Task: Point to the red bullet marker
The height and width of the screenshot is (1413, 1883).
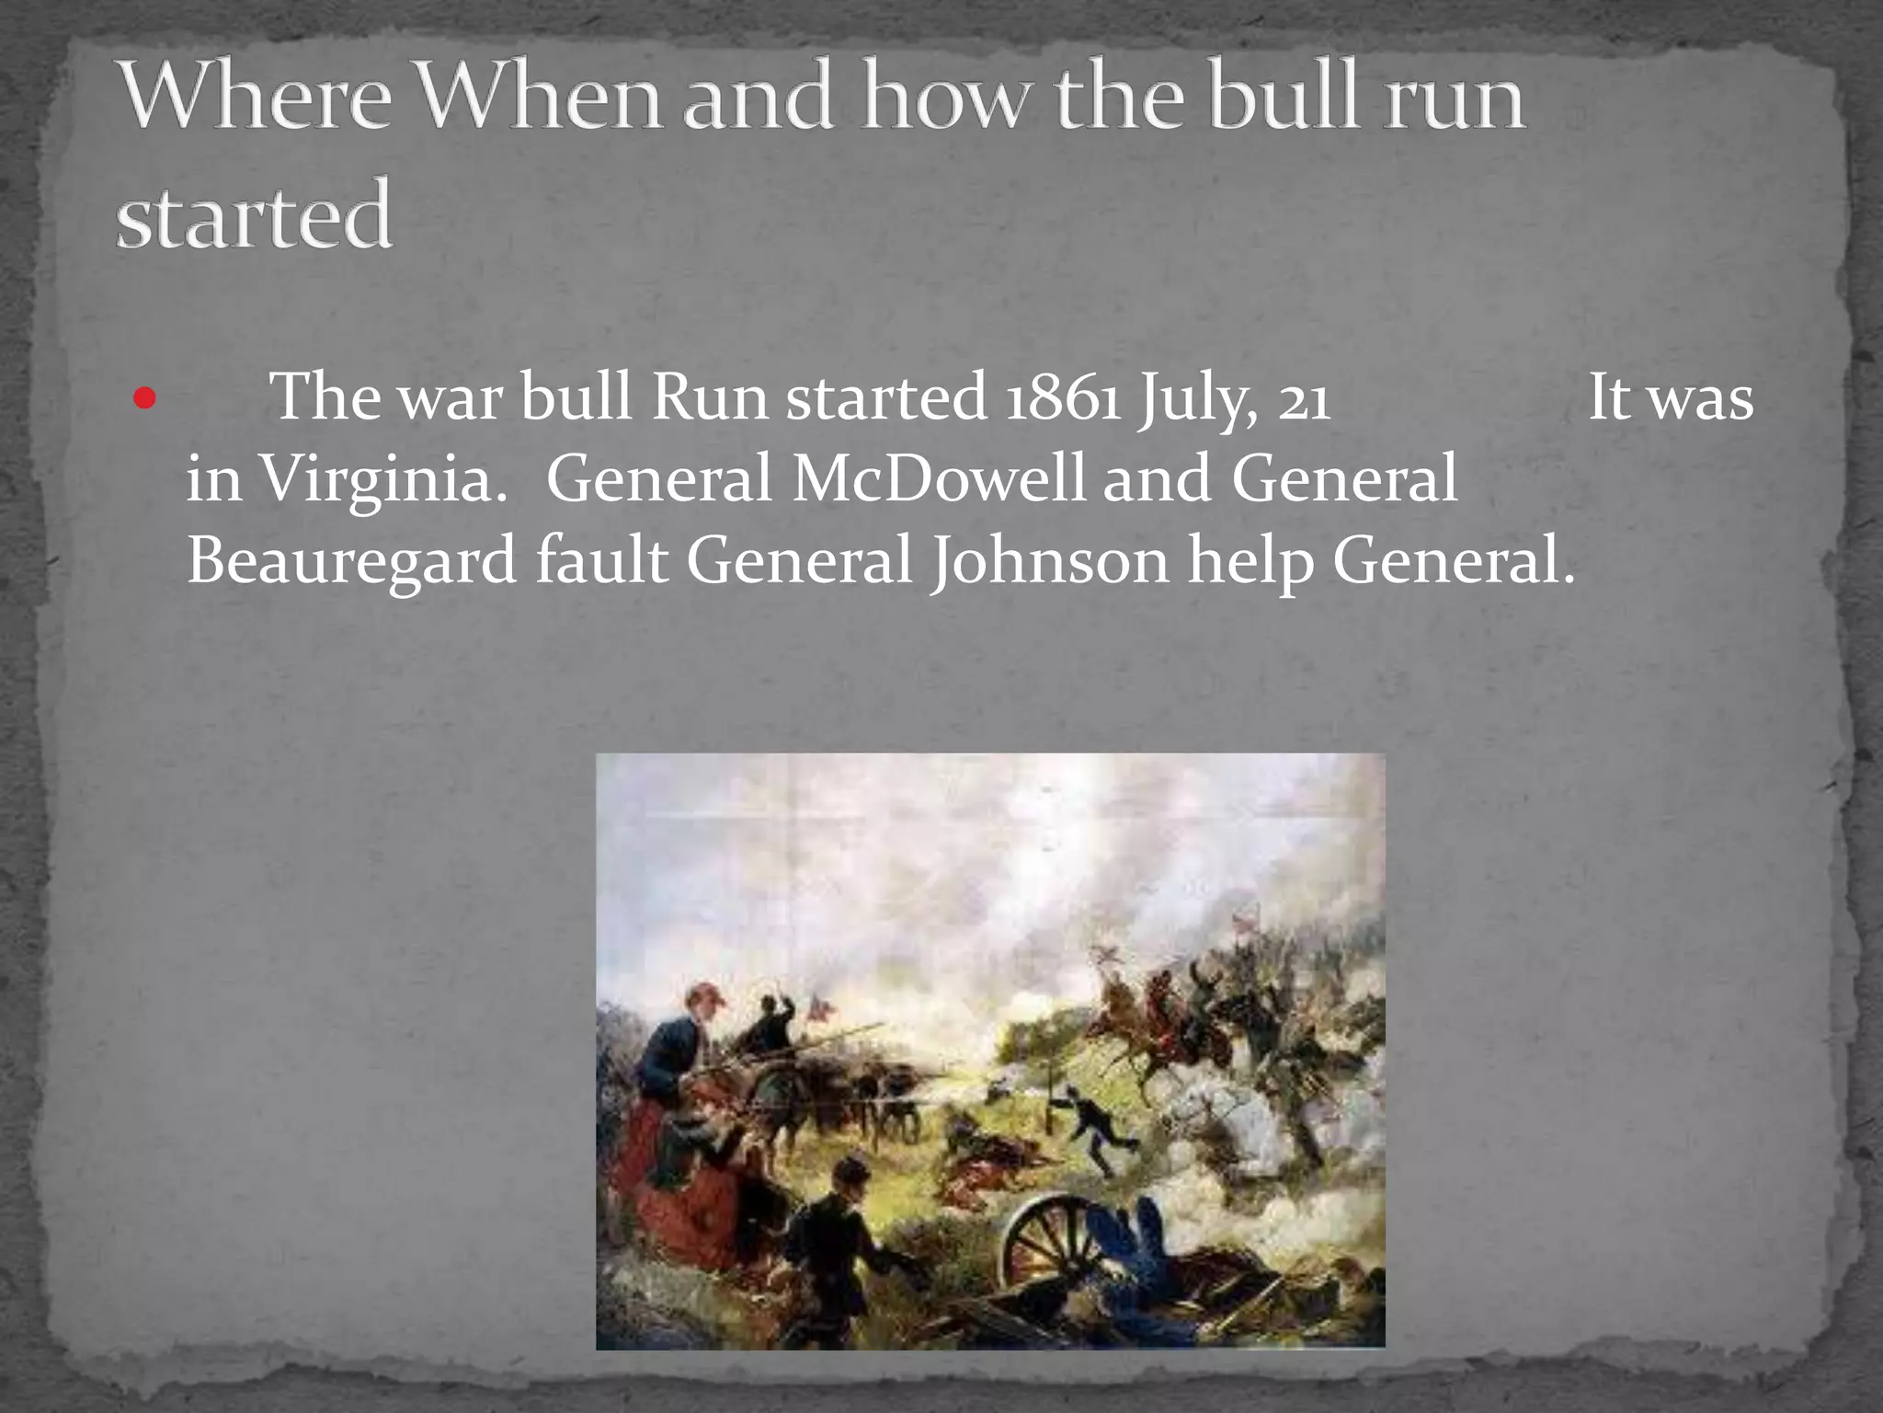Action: pos(145,400)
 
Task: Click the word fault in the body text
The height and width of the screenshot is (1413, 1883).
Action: pos(601,559)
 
